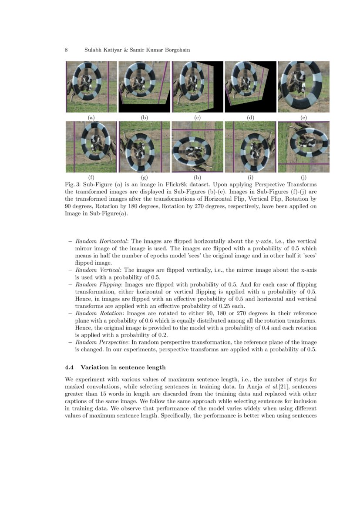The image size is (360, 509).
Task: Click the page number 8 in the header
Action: click(x=66, y=50)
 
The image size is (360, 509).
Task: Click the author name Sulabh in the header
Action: click(x=94, y=50)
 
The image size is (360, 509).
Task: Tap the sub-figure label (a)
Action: click(x=91, y=118)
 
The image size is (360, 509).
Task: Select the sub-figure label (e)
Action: click(x=303, y=118)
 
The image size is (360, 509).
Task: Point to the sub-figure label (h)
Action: click(x=197, y=178)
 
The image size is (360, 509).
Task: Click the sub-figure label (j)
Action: click(x=303, y=178)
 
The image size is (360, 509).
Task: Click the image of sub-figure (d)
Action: click(x=250, y=87)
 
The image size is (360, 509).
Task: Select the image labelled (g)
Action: click(x=144, y=147)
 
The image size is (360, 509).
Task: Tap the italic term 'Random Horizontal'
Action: click(x=101, y=241)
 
